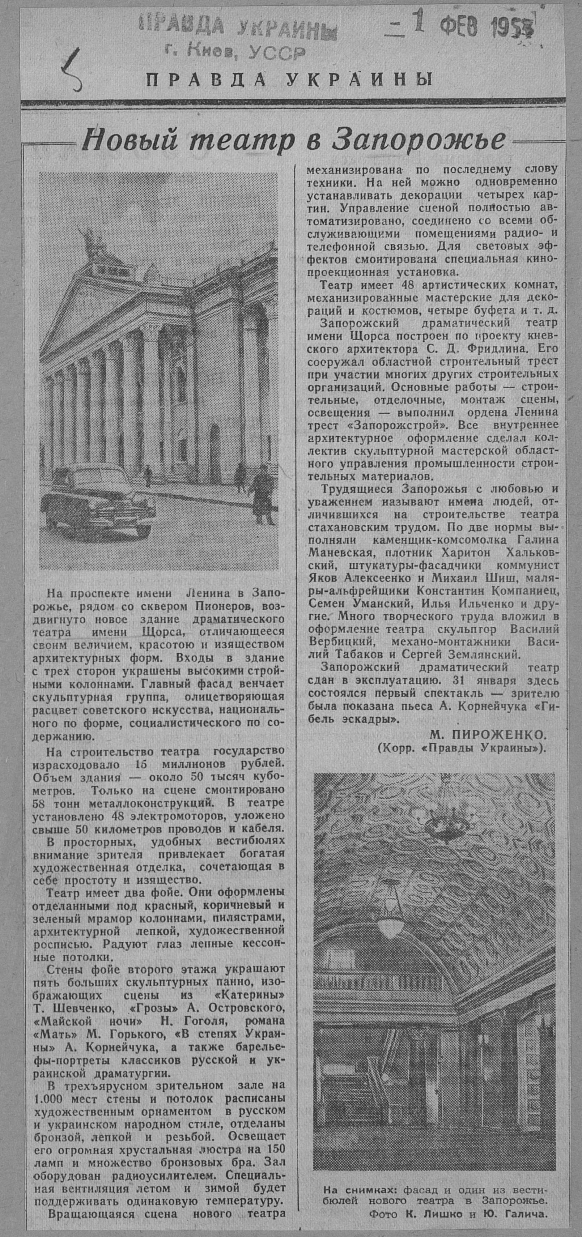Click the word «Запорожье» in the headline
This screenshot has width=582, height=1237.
(x=418, y=140)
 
